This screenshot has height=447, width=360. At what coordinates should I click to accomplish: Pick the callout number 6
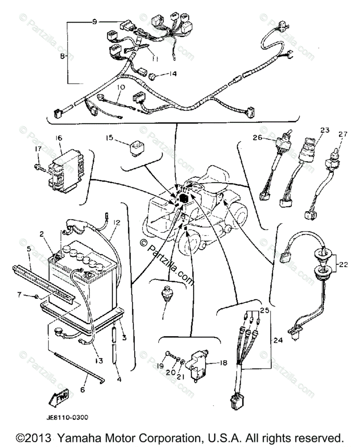(x=83, y=390)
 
